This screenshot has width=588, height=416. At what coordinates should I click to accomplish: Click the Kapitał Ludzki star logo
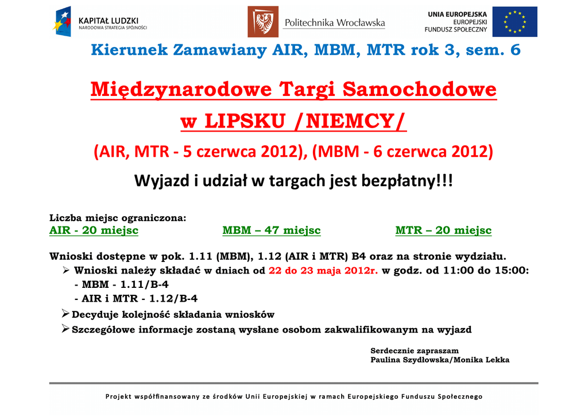pyautogui.click(x=62, y=21)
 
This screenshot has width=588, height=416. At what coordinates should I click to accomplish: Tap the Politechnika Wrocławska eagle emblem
pyautogui.click(x=263, y=22)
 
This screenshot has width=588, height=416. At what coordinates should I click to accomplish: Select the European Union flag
pyautogui.click(x=514, y=22)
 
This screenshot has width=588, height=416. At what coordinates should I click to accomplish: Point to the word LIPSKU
pyautogui.click(x=245, y=121)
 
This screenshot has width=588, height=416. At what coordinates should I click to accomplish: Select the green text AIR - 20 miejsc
pyautogui.click(x=94, y=230)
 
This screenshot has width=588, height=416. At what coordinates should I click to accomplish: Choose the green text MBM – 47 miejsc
pyautogui.click(x=272, y=230)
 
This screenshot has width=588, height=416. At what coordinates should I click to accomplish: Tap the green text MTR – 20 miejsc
pyautogui.click(x=443, y=230)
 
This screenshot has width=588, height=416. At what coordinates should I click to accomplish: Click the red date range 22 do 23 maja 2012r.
pyautogui.click(x=323, y=271)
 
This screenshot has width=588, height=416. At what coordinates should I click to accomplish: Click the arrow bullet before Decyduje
pyautogui.click(x=65, y=313)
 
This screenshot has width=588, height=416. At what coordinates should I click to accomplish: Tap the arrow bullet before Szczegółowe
pyautogui.click(x=65, y=329)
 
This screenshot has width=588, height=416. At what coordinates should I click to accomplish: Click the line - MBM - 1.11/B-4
pyautogui.click(x=122, y=285)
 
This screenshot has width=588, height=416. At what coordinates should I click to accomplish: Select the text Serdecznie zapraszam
pyautogui.click(x=415, y=350)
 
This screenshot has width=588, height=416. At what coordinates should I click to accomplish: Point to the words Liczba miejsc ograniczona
pyautogui.click(x=117, y=218)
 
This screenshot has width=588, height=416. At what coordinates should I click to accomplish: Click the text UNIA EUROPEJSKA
pyautogui.click(x=457, y=14)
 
